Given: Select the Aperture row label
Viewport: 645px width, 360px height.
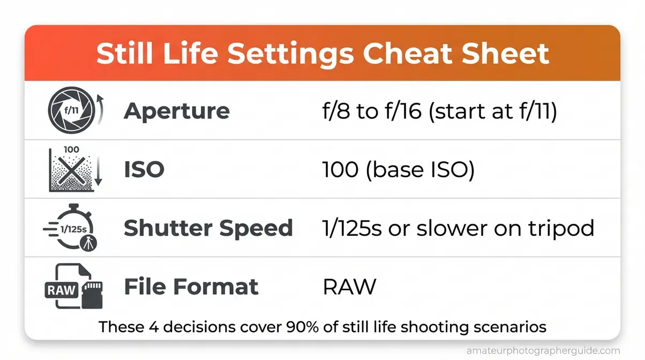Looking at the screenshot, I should point(177,111).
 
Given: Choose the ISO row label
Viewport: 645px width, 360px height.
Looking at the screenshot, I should point(144,170).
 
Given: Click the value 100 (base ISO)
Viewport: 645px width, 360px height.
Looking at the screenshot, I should point(398,170).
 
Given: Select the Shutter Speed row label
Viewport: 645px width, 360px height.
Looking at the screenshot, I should point(208,228).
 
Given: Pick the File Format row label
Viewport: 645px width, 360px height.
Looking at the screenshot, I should point(191,287).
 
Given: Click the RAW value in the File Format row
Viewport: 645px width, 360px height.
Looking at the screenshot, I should point(349,287).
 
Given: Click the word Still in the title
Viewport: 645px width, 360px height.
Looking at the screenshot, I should point(122,54).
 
